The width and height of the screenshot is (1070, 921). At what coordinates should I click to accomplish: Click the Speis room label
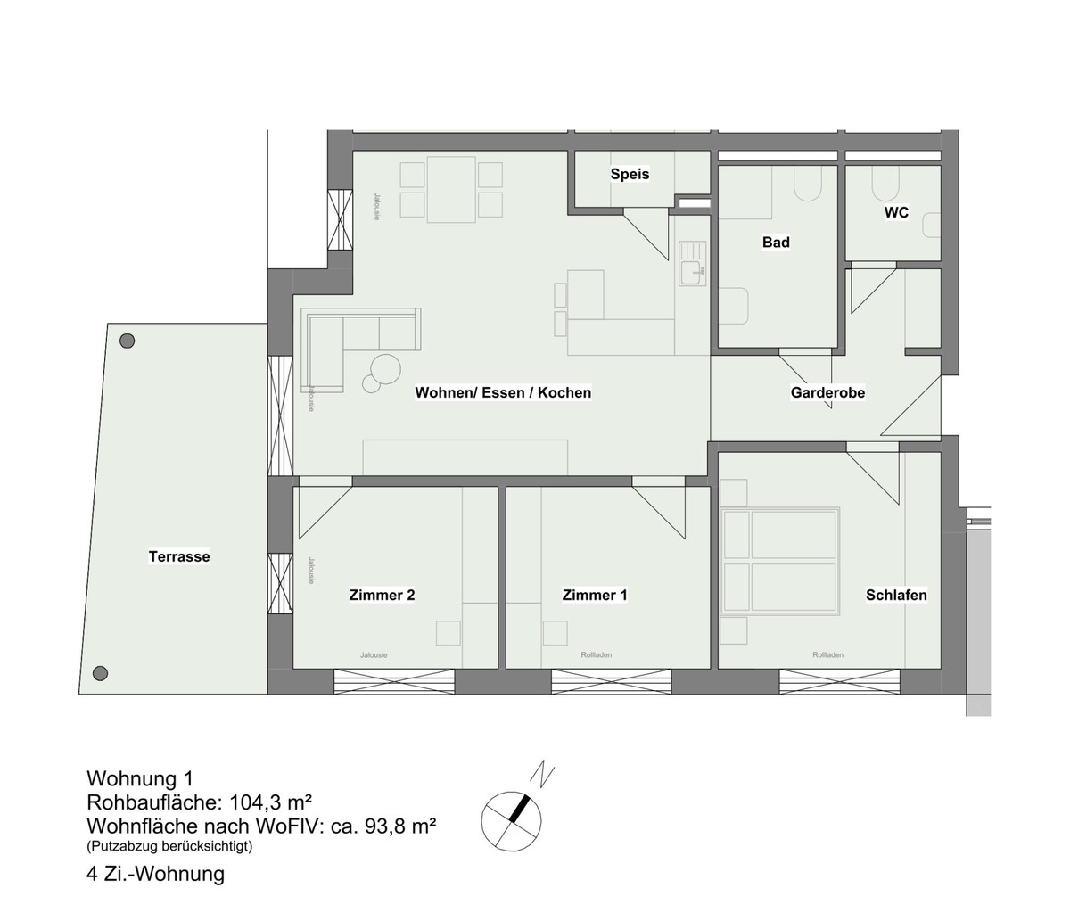(x=630, y=174)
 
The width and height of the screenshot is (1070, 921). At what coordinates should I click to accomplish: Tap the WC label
(x=896, y=212)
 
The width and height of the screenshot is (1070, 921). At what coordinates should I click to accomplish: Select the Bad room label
(x=776, y=242)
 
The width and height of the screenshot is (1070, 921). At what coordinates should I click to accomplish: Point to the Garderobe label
(x=827, y=392)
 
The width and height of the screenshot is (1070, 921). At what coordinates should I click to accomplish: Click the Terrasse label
(x=179, y=556)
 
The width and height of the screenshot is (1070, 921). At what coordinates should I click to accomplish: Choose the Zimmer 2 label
(x=382, y=595)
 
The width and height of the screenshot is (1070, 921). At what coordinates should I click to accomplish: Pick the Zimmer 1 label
(x=595, y=595)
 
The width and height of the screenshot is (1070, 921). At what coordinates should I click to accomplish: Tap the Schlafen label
(x=896, y=595)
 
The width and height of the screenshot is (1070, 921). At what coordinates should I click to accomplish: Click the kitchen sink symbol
(x=693, y=264)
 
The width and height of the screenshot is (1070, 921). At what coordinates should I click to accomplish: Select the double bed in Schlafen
(x=779, y=561)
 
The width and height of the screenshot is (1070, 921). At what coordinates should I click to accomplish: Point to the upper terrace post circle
(x=127, y=341)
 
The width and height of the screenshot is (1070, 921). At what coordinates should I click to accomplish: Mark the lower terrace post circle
(x=100, y=673)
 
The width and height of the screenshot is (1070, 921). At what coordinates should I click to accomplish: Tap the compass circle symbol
(x=511, y=820)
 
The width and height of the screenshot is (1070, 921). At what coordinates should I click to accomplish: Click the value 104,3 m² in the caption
(x=270, y=802)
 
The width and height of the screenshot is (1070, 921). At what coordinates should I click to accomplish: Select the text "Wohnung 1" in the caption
(x=140, y=778)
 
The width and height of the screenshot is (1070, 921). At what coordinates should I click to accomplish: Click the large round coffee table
(x=385, y=368)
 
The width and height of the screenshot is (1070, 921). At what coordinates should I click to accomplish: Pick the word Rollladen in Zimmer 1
(x=596, y=655)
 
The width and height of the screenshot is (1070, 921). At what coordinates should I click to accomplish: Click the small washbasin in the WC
(x=933, y=226)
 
